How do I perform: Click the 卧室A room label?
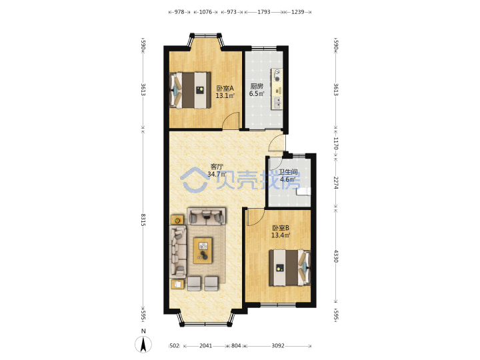[225, 88]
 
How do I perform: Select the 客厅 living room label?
[217, 167]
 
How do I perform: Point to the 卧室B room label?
[281, 228]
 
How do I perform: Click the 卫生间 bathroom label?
[288, 173]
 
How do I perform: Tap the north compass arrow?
[143, 344]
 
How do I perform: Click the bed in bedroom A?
[191, 90]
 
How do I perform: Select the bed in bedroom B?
[289, 268]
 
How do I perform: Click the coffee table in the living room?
[203, 250]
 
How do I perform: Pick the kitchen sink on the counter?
[277, 103]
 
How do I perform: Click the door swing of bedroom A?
[231, 121]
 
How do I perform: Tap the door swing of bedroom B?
[255, 217]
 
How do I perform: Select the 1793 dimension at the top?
[263, 12]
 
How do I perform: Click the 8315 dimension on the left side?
[143, 219]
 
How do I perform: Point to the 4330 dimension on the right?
[336, 256]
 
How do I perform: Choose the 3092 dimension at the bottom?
[278, 345]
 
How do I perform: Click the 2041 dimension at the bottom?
[206, 345]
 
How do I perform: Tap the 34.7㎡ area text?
[217, 175]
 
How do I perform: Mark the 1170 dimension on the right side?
[336, 143]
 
